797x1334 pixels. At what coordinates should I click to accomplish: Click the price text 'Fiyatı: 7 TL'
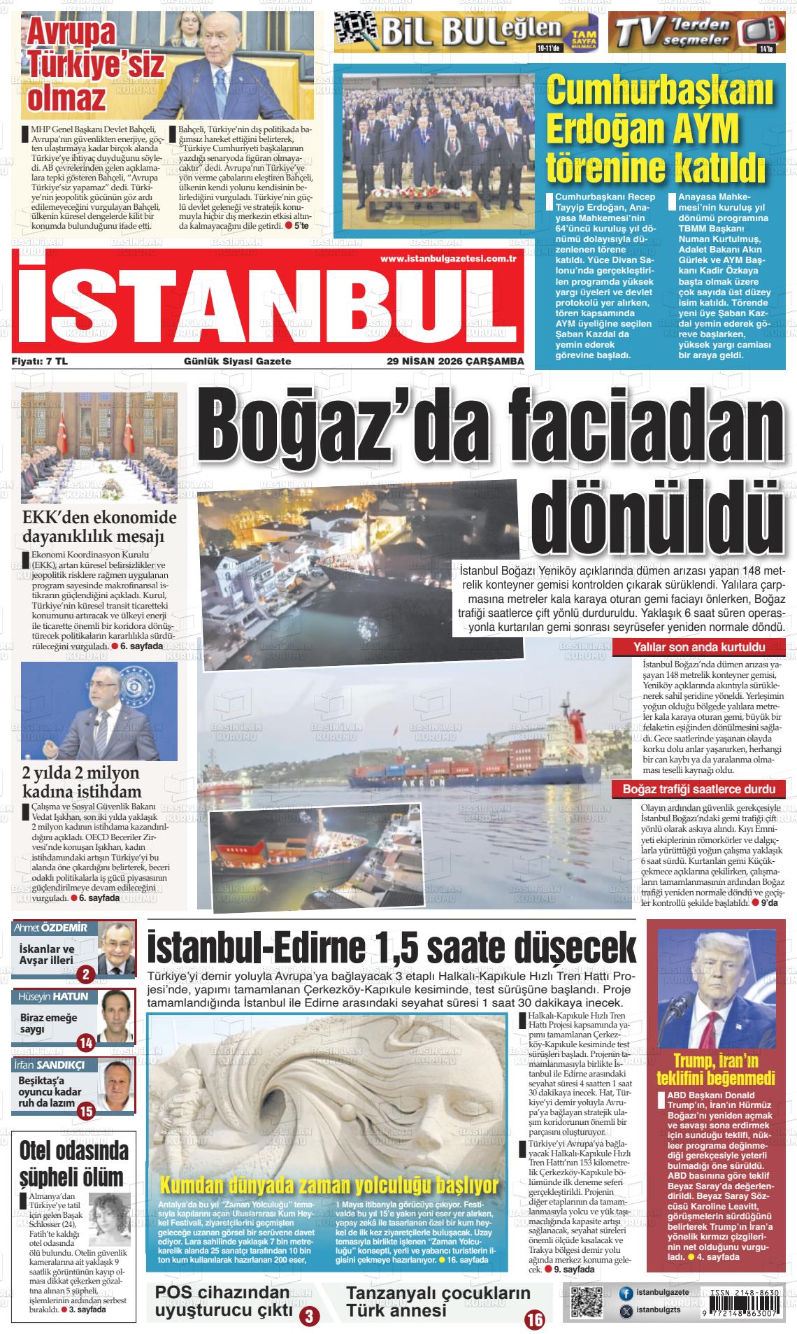coord(40,362)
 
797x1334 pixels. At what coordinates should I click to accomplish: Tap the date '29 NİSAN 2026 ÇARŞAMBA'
coord(455,362)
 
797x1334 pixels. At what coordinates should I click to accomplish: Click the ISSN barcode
coord(745,1303)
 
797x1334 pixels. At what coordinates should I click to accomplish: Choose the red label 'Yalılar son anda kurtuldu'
coord(698,647)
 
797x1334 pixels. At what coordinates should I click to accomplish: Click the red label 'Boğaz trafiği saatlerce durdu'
coord(698,790)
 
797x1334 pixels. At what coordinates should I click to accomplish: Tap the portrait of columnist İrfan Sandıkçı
coord(116,1086)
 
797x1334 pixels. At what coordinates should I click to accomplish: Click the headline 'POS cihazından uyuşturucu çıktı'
coord(222,1301)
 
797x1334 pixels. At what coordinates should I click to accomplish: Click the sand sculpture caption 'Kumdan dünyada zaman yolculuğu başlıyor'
coord(329,1185)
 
